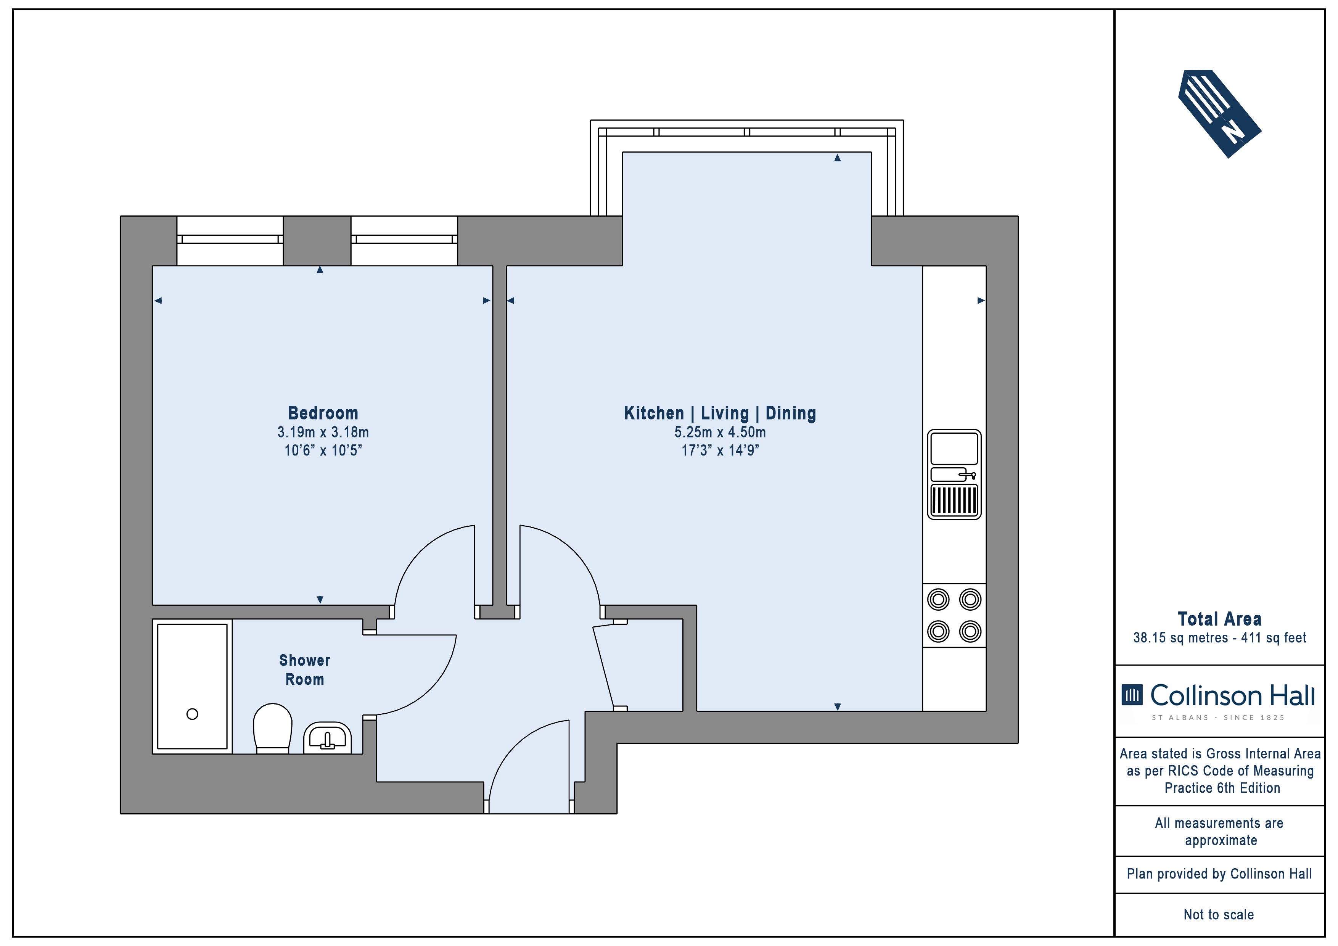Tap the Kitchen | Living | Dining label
720,413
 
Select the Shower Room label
304,670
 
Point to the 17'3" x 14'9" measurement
720,450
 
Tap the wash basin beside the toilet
328,738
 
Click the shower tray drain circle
192,714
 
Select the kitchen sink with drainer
955,475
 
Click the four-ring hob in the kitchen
955,616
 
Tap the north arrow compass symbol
1220,114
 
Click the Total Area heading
1220,619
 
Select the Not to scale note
1219,914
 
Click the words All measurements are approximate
1220,832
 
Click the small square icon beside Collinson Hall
1132,695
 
